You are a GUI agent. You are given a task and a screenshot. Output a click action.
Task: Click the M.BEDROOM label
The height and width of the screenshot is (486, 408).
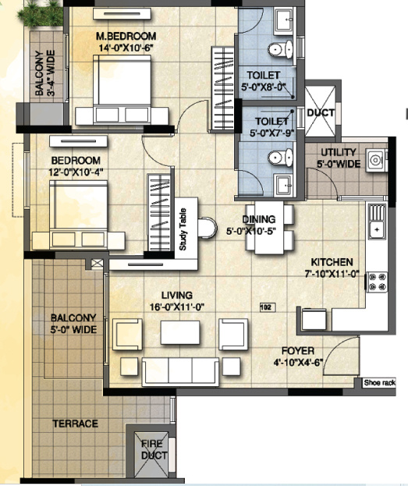126,36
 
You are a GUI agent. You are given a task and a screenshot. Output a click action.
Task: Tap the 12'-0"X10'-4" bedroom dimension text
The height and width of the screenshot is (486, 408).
76,172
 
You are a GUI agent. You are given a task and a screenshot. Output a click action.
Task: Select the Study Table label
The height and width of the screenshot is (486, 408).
183,229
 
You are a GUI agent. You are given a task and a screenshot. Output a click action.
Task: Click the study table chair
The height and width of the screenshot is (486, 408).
207,228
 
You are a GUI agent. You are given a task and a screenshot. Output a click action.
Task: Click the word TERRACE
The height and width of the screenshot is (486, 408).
76,424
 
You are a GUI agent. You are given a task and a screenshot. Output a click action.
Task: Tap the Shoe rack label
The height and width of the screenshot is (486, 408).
380,383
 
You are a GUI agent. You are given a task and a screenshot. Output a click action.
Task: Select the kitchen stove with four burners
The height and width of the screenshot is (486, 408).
377,282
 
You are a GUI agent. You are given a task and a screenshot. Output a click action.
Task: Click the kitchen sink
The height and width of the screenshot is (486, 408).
377,220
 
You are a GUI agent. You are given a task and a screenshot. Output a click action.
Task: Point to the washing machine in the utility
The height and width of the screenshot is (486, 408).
376,160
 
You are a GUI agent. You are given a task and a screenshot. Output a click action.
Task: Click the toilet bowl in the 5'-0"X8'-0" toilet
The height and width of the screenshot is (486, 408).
280,49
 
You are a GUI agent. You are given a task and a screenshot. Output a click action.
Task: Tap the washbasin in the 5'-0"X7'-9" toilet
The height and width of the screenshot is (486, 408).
283,185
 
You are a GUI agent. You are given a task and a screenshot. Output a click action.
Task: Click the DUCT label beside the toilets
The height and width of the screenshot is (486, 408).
321,113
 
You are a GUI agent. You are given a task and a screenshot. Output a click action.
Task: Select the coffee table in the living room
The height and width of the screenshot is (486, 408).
180,332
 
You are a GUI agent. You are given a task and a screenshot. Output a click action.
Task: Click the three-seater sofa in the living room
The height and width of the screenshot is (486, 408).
180,371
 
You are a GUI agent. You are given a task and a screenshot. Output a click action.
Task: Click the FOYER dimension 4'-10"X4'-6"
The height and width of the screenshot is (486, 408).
298,362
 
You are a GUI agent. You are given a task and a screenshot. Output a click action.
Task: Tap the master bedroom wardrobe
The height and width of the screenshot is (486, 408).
222,89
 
